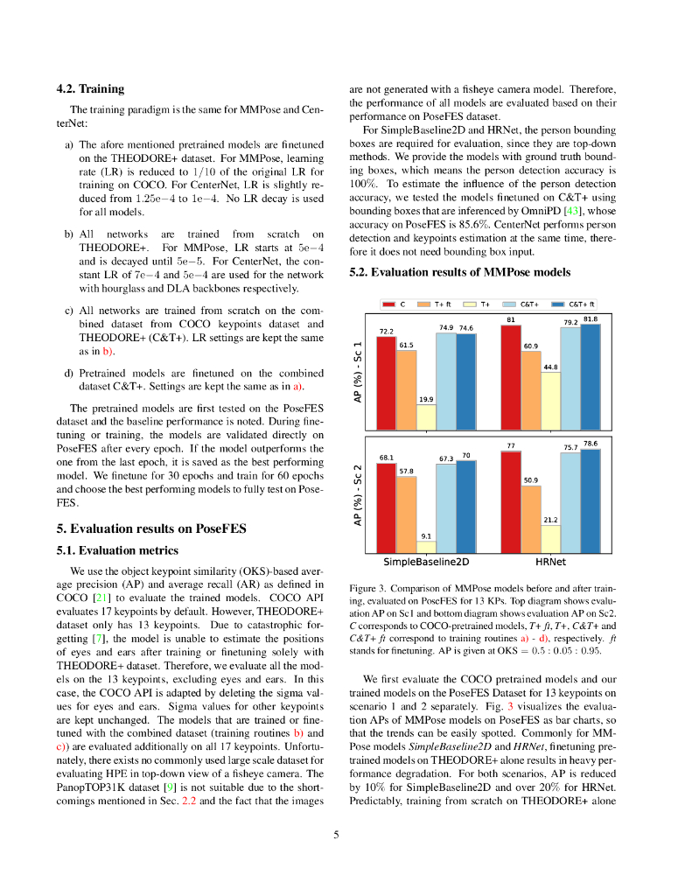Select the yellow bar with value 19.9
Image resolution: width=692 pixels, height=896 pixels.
(426, 416)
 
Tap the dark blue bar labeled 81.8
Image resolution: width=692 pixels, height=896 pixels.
(591, 377)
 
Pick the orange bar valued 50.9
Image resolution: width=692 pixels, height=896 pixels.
(530, 520)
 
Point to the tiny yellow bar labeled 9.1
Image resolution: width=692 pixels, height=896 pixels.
(426, 547)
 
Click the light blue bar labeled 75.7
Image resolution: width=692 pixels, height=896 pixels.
(570, 503)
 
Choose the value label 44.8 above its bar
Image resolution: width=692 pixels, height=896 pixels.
(550, 367)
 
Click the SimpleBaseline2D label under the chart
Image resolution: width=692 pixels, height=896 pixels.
(426, 562)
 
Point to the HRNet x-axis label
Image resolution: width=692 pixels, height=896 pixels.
(550, 562)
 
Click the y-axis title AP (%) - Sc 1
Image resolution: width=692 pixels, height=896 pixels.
(358, 372)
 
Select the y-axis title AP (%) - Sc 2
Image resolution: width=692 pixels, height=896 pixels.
(358, 494)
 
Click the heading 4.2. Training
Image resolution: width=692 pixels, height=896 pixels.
(90, 88)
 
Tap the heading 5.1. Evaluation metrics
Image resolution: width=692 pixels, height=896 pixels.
(117, 550)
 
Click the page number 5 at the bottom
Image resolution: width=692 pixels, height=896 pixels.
(336, 835)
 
